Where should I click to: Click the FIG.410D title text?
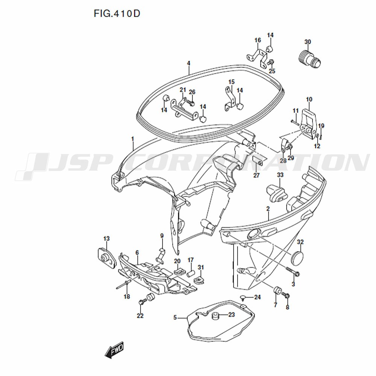coord(117,14)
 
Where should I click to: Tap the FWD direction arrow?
coord(114,350)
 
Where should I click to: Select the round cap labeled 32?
coord(297,257)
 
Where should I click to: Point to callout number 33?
coord(280,175)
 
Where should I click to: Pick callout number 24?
coord(257,297)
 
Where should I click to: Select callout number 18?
coord(127,297)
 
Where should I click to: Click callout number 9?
coord(162,236)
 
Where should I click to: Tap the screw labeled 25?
coord(271,62)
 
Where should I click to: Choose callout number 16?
coord(258,40)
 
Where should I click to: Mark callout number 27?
coord(256,176)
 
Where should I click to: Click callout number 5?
coord(175,318)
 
